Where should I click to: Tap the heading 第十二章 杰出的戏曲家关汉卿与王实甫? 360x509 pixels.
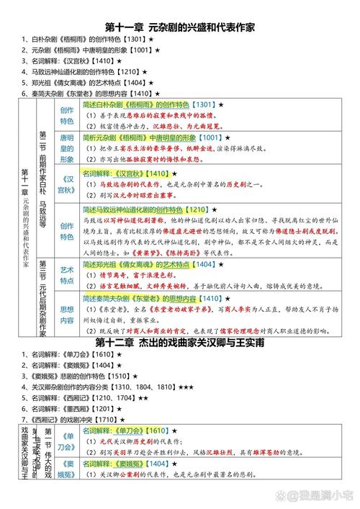179,343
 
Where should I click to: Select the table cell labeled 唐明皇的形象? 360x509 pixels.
67,148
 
